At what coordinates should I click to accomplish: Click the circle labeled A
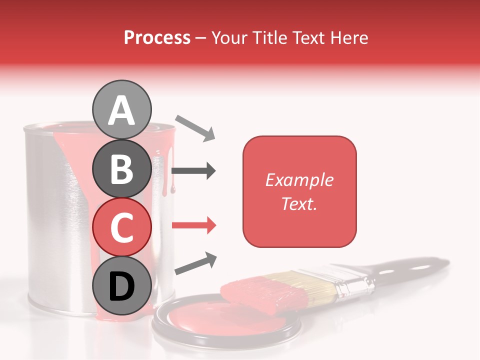coord(122,109)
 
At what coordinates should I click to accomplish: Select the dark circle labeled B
coord(122,168)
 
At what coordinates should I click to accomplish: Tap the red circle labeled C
coord(122,227)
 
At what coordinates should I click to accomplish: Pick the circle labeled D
coord(122,286)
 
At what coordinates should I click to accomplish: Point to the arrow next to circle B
coord(193,171)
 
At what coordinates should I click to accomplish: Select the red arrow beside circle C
coord(193,225)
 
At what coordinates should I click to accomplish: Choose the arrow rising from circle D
coord(195,264)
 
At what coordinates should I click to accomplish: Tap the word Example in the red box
coord(299,180)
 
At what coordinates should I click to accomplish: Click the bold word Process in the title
coord(157,37)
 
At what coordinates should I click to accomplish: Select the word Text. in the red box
coord(299,203)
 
